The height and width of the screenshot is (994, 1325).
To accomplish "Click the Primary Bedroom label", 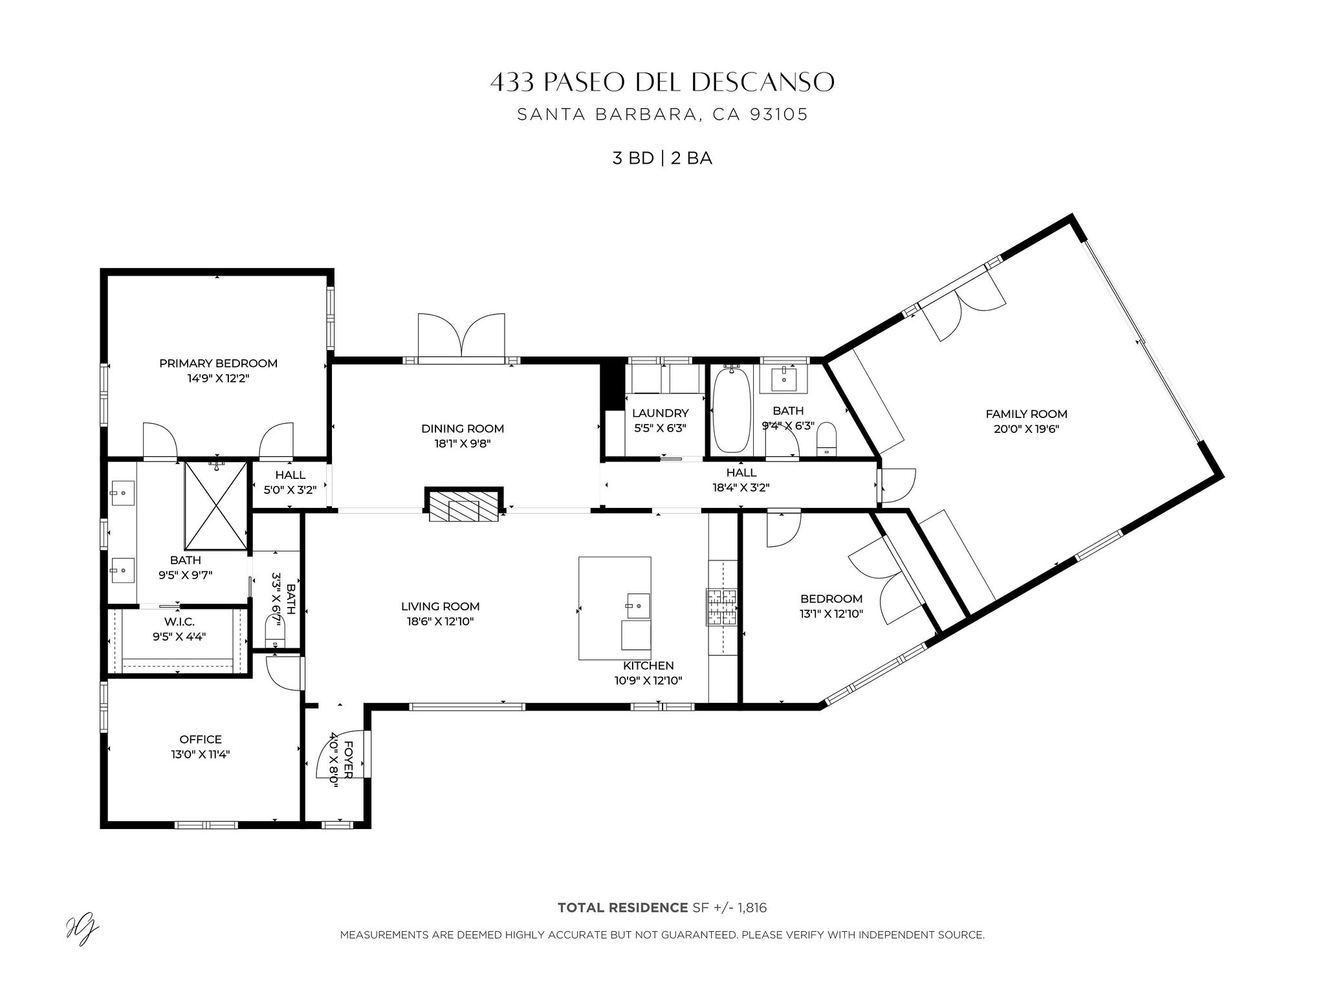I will point(218,363).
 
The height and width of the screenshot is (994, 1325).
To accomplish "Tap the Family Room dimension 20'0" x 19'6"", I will point(1026,428).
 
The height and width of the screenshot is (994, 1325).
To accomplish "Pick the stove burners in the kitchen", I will point(721,607).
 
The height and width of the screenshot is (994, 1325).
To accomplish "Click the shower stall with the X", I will point(215,505).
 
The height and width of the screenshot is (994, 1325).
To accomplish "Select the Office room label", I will point(201,739).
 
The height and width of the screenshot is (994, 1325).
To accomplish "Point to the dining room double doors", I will point(461,335).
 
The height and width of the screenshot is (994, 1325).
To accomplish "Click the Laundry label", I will point(660,413).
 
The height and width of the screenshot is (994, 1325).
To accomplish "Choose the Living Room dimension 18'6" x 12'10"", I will point(440,621).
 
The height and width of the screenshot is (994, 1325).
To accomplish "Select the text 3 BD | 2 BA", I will point(662,159).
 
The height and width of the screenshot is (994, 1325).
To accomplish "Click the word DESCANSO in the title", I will point(763,82).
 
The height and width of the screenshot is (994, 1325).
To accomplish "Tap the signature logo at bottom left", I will point(82,932).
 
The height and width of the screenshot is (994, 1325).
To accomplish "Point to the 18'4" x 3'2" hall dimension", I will point(741,487).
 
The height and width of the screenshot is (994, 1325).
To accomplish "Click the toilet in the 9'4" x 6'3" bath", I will point(826,439).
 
